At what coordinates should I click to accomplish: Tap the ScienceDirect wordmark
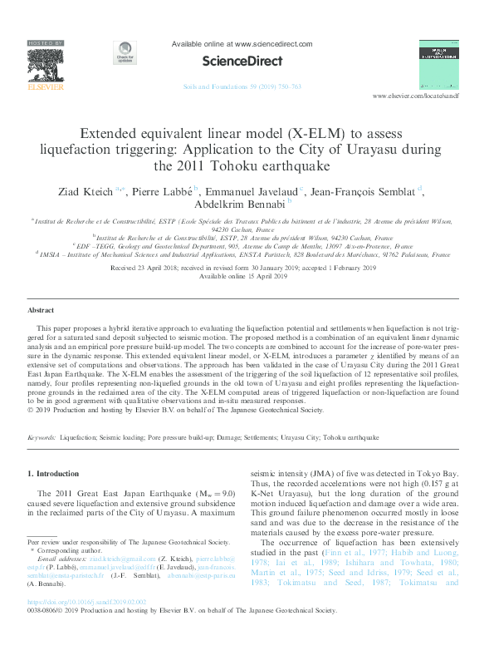(x=242, y=61)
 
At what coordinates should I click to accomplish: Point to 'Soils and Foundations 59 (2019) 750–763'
(x=242, y=86)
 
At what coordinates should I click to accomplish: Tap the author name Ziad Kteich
(x=87, y=192)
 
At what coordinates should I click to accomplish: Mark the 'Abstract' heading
(x=41, y=309)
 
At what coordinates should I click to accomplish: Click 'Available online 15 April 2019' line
(x=247, y=277)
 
